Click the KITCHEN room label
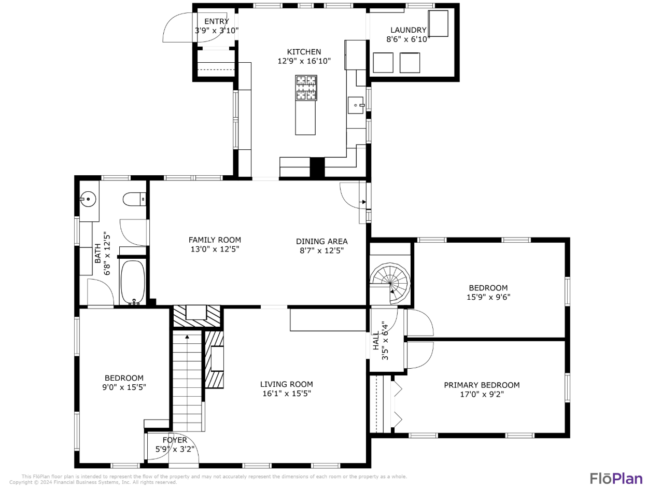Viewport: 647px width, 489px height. click(304, 52)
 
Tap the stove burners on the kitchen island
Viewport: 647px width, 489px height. click(306, 88)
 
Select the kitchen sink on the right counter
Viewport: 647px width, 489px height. click(356, 105)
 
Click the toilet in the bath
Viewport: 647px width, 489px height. click(135, 199)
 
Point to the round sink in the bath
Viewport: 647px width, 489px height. click(89, 198)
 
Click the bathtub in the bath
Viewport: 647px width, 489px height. click(133, 282)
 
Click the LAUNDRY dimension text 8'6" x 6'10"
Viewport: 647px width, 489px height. click(409, 39)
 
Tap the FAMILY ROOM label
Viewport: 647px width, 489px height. click(215, 240)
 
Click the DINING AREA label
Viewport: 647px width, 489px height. click(321, 241)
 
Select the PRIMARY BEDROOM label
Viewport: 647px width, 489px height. click(482, 385)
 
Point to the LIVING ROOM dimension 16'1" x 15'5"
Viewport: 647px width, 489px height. click(286, 394)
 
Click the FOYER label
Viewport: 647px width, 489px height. click(175, 440)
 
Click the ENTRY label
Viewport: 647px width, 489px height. click(216, 21)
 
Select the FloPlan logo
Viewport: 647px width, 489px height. click(615, 478)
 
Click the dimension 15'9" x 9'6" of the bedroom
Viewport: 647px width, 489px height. click(488, 297)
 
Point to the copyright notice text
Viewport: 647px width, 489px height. click(93, 482)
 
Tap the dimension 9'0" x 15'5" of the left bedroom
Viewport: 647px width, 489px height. click(124, 387)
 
